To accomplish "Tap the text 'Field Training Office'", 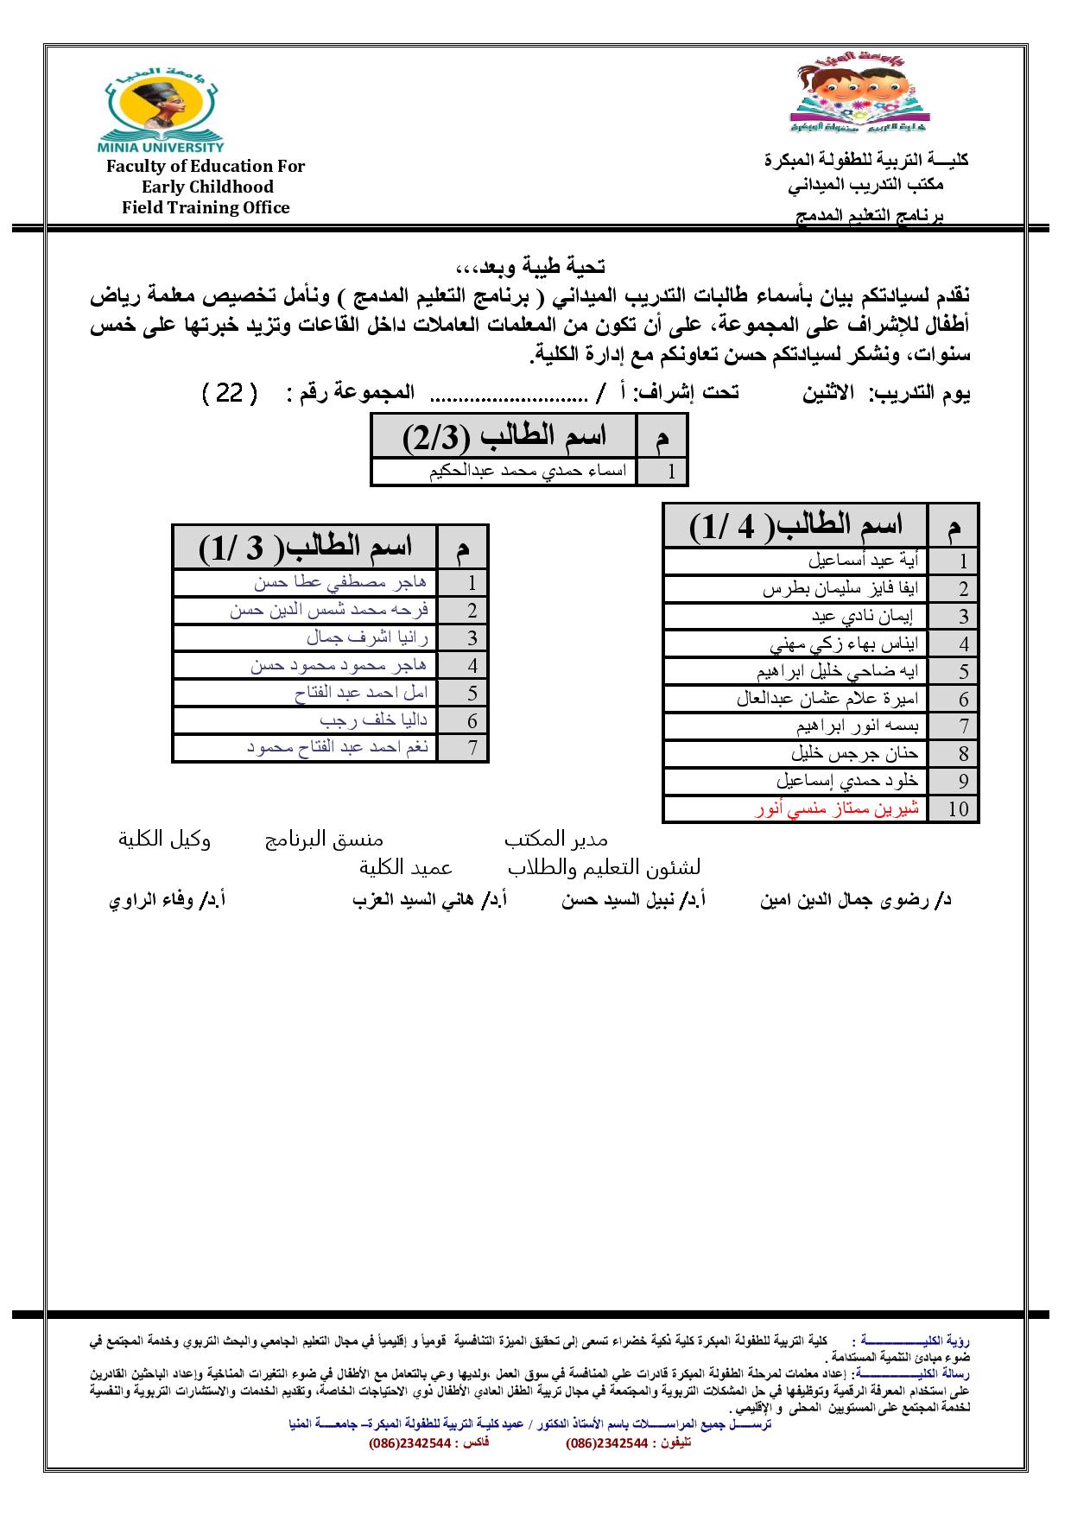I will tap(206, 207).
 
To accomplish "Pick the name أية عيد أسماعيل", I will tap(863, 561).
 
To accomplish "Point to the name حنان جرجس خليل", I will tap(854, 754).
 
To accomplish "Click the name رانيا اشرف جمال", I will tap(367, 638).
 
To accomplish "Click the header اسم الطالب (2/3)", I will tap(504, 437).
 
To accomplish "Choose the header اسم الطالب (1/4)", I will tap(795, 525).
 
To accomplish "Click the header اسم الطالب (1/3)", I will tap(305, 547).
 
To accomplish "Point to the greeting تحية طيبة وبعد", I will tap(530, 266).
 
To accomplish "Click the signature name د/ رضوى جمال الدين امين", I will tap(855, 901).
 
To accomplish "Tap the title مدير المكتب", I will tap(556, 840).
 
